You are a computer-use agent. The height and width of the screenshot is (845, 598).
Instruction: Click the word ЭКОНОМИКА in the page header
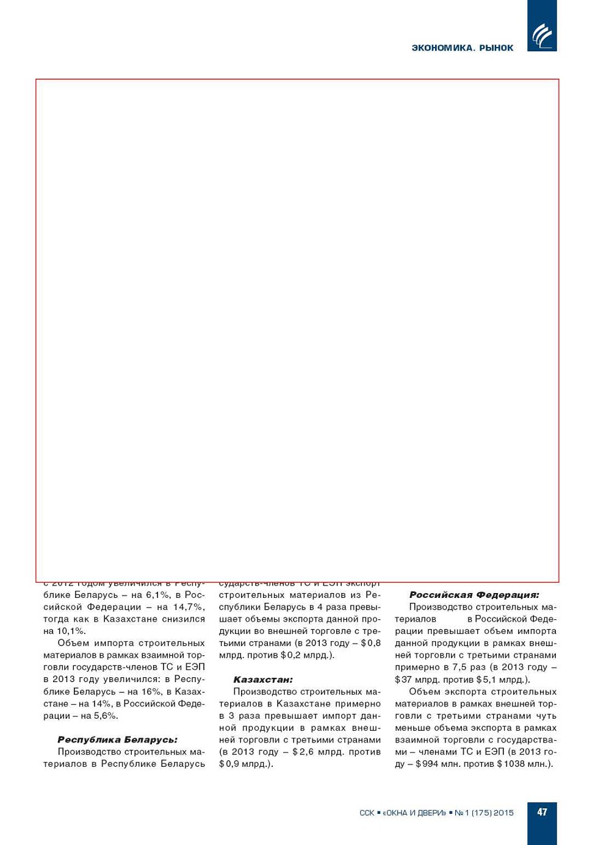point(442,48)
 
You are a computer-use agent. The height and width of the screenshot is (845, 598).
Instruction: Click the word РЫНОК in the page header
point(496,48)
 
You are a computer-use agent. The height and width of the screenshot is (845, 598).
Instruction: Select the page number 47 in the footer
point(542,812)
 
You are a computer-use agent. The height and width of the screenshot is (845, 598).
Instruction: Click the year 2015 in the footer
point(503,813)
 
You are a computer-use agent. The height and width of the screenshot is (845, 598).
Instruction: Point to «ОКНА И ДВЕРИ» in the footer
point(414,813)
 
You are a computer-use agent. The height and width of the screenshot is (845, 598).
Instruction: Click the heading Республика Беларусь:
point(117,739)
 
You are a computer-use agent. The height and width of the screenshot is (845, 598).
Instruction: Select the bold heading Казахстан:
point(263,679)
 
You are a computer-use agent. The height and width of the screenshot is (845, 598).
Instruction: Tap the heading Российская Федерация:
point(474,595)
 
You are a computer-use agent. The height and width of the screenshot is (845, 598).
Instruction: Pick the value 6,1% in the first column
point(157,595)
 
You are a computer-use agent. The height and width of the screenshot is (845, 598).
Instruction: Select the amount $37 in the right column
point(403,680)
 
